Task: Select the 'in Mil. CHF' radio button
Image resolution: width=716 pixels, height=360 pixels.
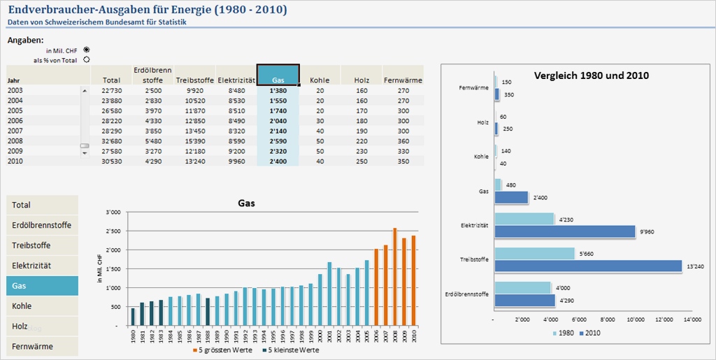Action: [87, 50]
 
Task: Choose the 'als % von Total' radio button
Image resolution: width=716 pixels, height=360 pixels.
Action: [87, 59]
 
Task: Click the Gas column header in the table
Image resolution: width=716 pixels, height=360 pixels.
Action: [278, 75]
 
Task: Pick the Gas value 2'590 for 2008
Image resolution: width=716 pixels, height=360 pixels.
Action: [278, 141]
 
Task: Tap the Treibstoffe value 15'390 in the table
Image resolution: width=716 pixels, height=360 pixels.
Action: [192, 141]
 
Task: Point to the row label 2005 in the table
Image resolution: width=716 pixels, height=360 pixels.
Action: [15, 110]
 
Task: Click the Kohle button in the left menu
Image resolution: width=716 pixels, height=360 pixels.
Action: [42, 306]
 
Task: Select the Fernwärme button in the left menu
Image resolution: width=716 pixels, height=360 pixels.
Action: [42, 346]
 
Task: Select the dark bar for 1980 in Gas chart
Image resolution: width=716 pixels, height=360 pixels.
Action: [133, 317]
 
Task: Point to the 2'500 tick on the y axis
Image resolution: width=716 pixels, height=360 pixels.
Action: [112, 231]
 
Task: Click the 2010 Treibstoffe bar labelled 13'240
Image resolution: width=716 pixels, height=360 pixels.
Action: [587, 266]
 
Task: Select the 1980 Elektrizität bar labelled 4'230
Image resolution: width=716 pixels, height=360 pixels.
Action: [524, 219]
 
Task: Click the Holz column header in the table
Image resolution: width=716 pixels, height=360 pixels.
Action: [361, 80]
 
